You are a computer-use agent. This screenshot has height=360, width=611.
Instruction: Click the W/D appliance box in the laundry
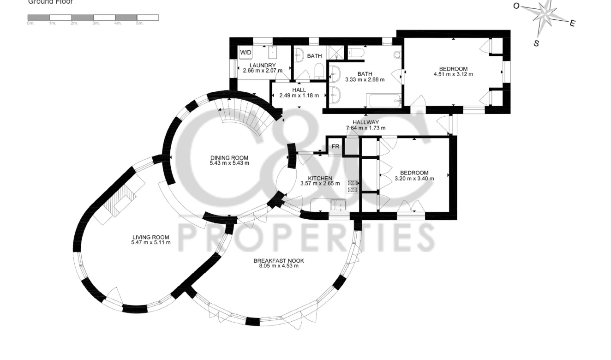pyautogui.click(x=245, y=53)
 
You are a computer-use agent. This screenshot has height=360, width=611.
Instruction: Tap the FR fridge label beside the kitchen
pyautogui.click(x=335, y=147)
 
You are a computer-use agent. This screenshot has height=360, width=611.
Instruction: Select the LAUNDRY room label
pyautogui.click(x=259, y=65)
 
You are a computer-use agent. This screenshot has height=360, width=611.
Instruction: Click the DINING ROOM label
pyautogui.click(x=229, y=158)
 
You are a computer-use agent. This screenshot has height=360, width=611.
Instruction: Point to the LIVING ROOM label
pyautogui.click(x=150, y=237)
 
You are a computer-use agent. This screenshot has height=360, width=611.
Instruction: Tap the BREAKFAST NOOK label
pyautogui.click(x=279, y=261)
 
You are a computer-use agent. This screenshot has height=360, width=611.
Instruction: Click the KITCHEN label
pyautogui.click(x=320, y=178)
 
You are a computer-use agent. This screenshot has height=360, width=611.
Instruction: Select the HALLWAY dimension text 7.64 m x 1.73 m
pyautogui.click(x=365, y=128)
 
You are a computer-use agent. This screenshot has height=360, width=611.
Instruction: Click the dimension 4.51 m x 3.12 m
pyautogui.click(x=453, y=74)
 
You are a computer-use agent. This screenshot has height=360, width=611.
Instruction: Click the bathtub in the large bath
pyautogui.click(x=384, y=100)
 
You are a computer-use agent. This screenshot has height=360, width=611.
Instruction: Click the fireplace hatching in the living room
pyautogui.click(x=121, y=200)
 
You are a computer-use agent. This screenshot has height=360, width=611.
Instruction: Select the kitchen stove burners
pyautogui.click(x=353, y=186)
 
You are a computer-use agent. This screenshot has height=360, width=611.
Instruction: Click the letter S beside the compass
pyautogui.click(x=536, y=43)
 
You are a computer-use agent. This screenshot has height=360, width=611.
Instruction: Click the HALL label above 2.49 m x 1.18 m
pyautogui.click(x=299, y=90)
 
